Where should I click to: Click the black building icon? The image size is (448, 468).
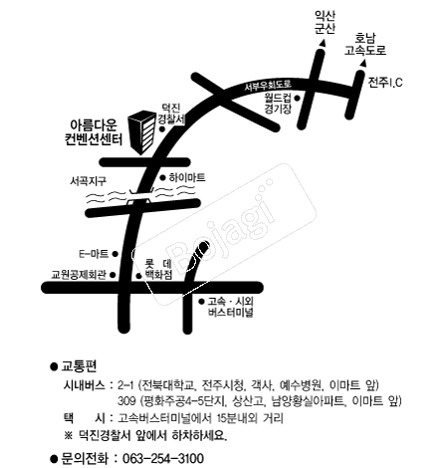pos(146,129)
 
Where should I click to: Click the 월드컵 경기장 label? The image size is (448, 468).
pos(278,104)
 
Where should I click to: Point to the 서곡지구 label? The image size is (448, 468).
pos(88,180)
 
